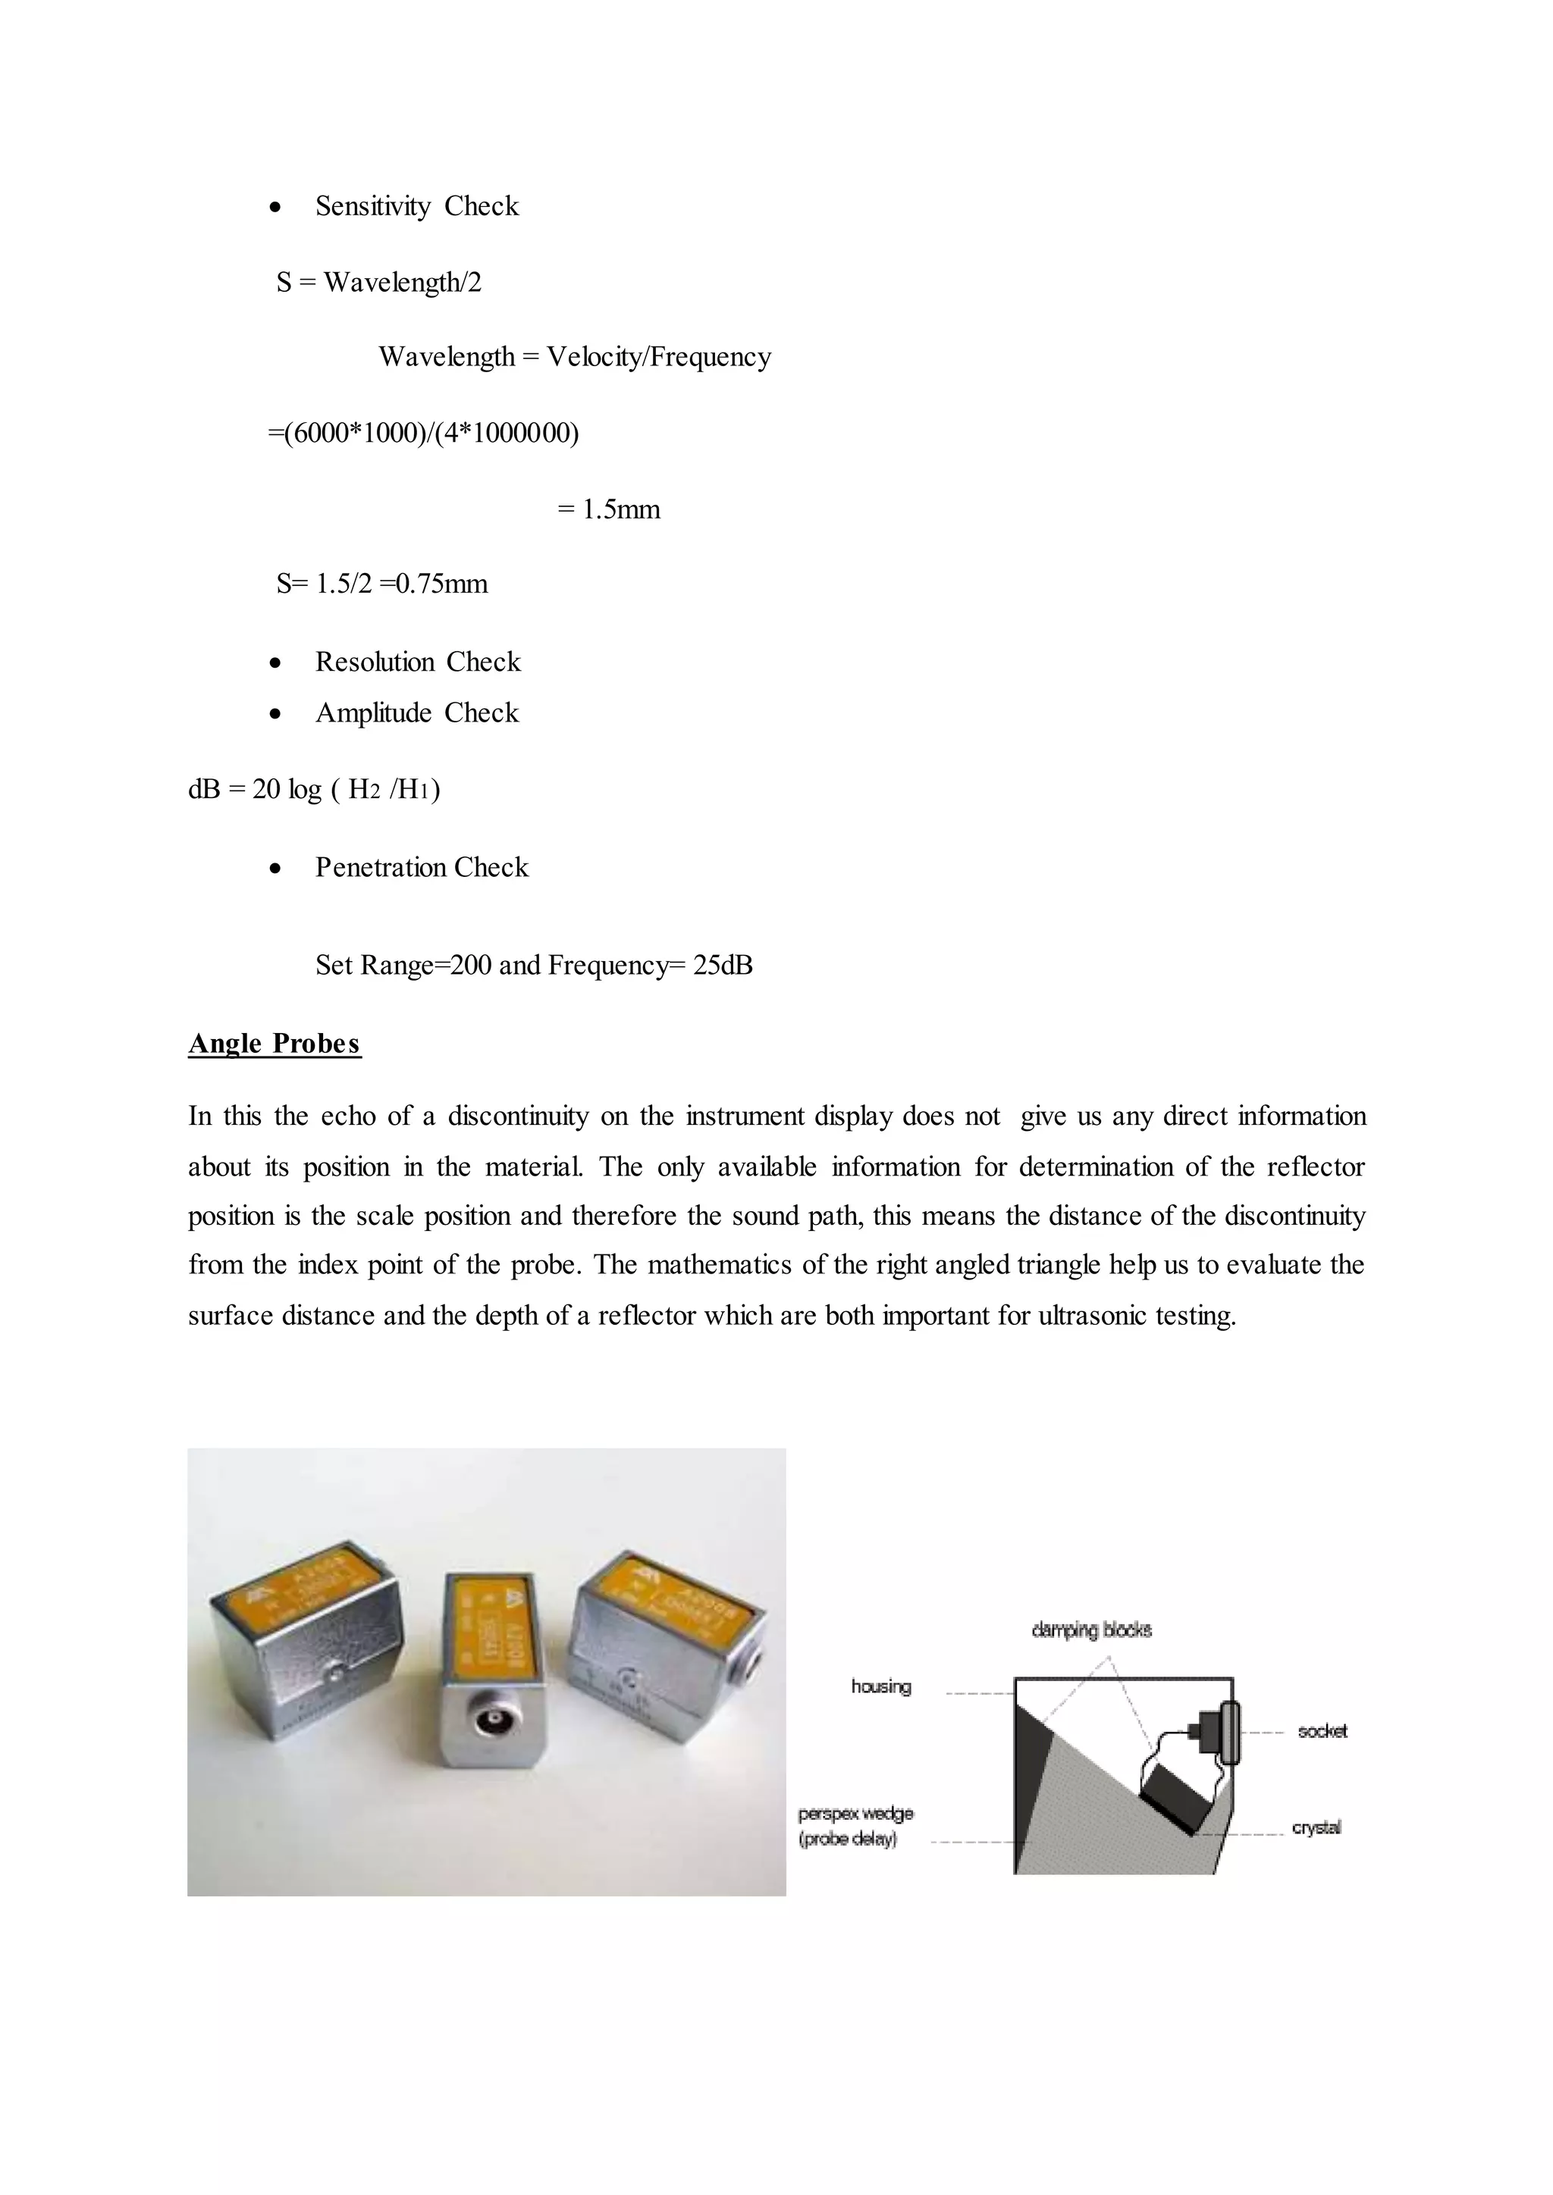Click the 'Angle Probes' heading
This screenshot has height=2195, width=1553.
(275, 1043)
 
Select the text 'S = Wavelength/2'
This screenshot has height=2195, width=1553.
(378, 282)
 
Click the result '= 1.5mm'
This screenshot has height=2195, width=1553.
(608, 509)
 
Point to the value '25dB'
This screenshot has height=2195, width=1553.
(723, 966)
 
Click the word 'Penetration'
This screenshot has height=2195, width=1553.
(381, 867)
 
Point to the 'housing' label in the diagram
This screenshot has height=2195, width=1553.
(880, 1686)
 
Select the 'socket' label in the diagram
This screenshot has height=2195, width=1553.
(1322, 1730)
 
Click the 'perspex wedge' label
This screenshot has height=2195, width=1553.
(856, 1814)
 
